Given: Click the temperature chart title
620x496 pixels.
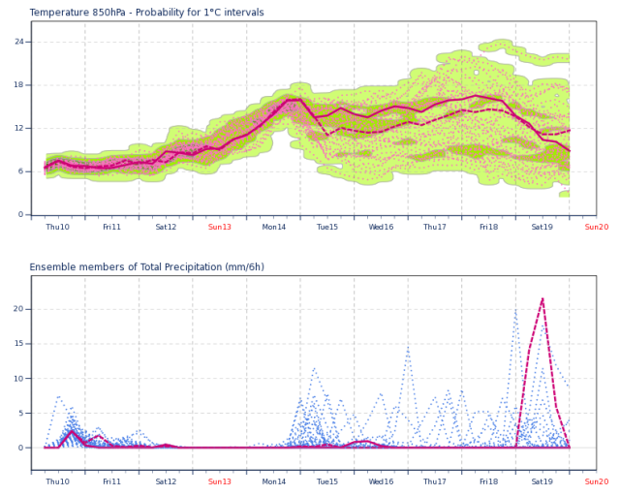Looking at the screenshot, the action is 146,13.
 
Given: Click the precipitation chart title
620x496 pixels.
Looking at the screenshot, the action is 146,267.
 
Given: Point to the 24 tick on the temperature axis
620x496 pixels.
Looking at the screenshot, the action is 19,42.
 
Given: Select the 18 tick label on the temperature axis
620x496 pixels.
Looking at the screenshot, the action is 19,84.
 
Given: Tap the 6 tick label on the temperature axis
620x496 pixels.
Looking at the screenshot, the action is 21,171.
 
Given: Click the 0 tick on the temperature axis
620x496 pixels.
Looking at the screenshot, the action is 21,214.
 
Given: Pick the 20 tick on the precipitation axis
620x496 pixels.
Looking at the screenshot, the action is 18,309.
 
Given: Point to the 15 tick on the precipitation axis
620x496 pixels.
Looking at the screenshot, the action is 18,344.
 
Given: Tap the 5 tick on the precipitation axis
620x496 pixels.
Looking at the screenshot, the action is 21,413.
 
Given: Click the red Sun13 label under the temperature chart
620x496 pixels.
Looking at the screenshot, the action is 220,227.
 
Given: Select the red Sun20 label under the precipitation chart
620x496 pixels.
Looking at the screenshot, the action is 597,481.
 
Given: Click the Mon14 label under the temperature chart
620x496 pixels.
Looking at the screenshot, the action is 273,227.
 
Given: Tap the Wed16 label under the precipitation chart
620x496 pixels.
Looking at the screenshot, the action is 381,481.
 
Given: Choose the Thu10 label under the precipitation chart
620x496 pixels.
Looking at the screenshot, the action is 58,481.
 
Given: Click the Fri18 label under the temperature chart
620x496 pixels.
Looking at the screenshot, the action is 488,227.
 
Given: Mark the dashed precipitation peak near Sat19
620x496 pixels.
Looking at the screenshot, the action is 542,298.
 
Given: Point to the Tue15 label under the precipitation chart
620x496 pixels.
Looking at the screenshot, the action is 327,481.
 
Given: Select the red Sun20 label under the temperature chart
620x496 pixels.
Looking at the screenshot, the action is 597,227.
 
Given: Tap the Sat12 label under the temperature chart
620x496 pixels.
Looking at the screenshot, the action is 166,227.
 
